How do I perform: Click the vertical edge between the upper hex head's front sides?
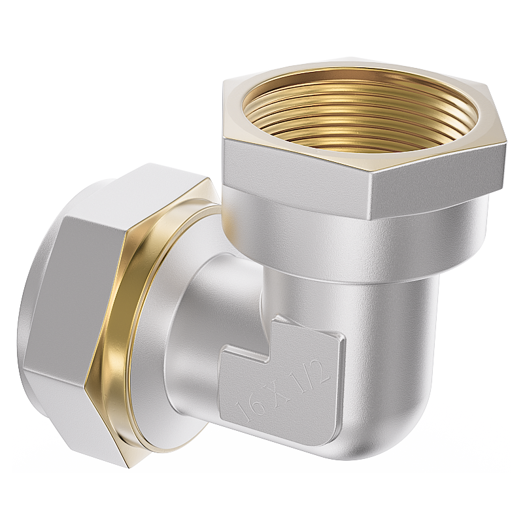click(373, 196)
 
